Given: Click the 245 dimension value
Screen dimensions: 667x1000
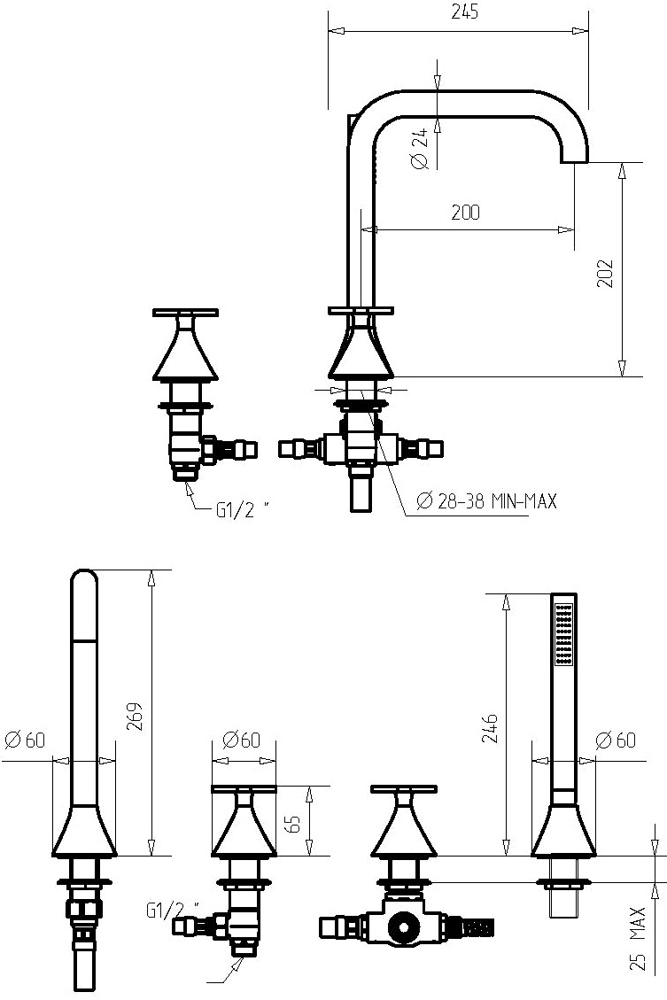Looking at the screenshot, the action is pos(464,12).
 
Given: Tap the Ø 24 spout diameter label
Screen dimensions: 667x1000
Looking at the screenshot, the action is pos(420,149).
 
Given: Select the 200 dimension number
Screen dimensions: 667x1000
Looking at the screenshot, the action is pos(466,213).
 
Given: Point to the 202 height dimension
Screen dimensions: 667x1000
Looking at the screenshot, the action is pos(605,273).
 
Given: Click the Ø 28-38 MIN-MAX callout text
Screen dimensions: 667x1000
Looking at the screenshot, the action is pos(486,501).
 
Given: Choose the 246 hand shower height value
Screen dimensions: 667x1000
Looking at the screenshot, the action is pos(491,728).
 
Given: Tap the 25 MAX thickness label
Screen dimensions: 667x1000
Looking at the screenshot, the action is pos(639,939).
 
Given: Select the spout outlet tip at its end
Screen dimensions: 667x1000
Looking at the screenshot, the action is pos(574,161).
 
